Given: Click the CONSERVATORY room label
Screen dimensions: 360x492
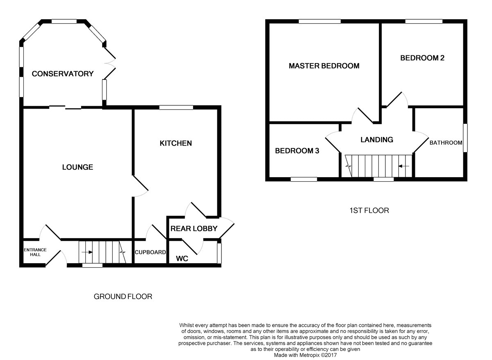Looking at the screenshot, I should [63, 74].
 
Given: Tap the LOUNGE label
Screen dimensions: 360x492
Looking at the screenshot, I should [77, 167].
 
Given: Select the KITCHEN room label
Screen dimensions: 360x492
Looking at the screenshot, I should [175, 143].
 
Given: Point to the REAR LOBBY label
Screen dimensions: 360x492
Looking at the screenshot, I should [194, 228].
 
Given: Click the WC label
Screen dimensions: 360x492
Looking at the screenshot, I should [182, 259].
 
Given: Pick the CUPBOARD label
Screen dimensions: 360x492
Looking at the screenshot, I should [150, 252].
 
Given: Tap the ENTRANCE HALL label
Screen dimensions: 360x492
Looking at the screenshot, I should [35, 252].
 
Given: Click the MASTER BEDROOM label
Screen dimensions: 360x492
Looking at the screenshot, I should [324, 66].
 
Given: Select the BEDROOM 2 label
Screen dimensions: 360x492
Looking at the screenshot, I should [422, 58].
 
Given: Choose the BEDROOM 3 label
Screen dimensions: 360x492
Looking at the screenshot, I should [297, 150].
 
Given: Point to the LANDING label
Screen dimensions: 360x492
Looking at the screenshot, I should [376, 139].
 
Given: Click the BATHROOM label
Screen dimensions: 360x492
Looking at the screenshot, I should [446, 143].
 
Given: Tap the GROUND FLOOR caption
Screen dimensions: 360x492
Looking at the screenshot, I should [123, 296].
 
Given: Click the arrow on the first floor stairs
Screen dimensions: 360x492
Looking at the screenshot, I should [404, 166].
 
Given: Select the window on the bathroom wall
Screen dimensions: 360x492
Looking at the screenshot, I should [465, 138].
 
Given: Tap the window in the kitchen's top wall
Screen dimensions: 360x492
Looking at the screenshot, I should [176, 107].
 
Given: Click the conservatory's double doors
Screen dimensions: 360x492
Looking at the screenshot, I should [110, 63].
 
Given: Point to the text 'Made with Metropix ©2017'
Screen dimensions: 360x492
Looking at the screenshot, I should [305, 355].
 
